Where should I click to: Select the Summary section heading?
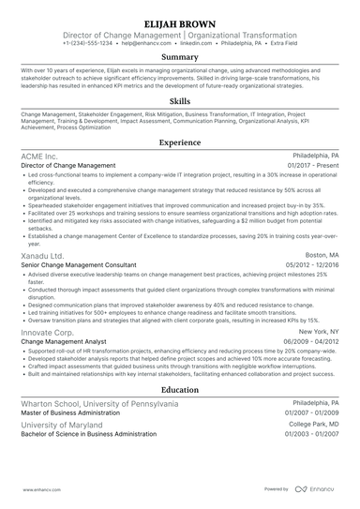tap(180, 57)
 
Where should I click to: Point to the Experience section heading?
tap(180, 142)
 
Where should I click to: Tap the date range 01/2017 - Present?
tap(314, 165)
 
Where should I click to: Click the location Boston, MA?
tap(322, 255)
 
